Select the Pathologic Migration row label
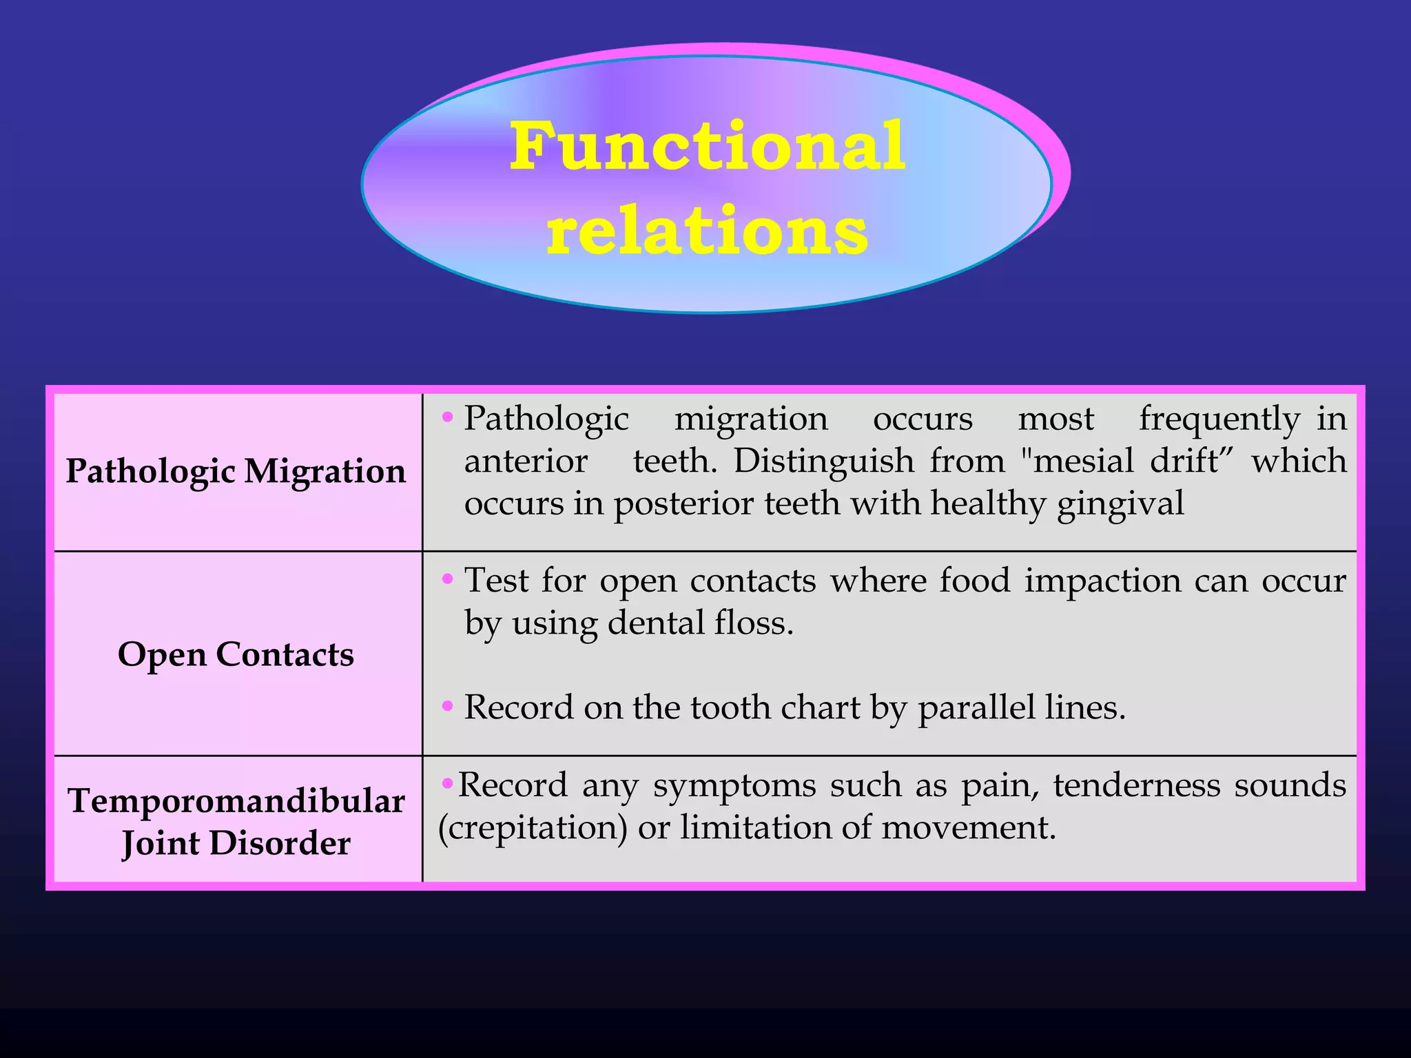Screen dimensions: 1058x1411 236,472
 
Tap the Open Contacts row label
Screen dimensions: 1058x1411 236,654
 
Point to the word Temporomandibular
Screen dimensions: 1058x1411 236,801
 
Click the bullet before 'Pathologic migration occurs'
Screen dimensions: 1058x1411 448,417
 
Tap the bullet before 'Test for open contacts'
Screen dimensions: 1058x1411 448,579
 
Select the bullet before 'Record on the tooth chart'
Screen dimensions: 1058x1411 448,705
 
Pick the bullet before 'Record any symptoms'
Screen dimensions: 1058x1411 447,783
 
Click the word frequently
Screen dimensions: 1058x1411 1219,419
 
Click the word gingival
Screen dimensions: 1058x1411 1120,504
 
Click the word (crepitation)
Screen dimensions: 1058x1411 533,828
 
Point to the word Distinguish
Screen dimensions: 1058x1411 823,461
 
